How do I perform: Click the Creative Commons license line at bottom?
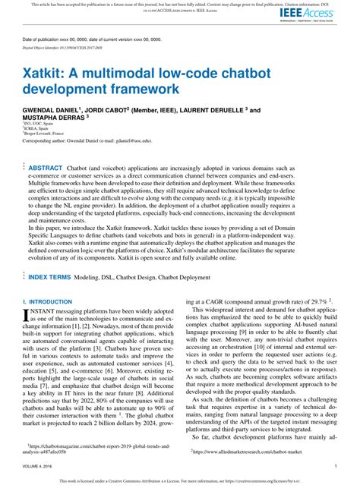click(x=180, y=480)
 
